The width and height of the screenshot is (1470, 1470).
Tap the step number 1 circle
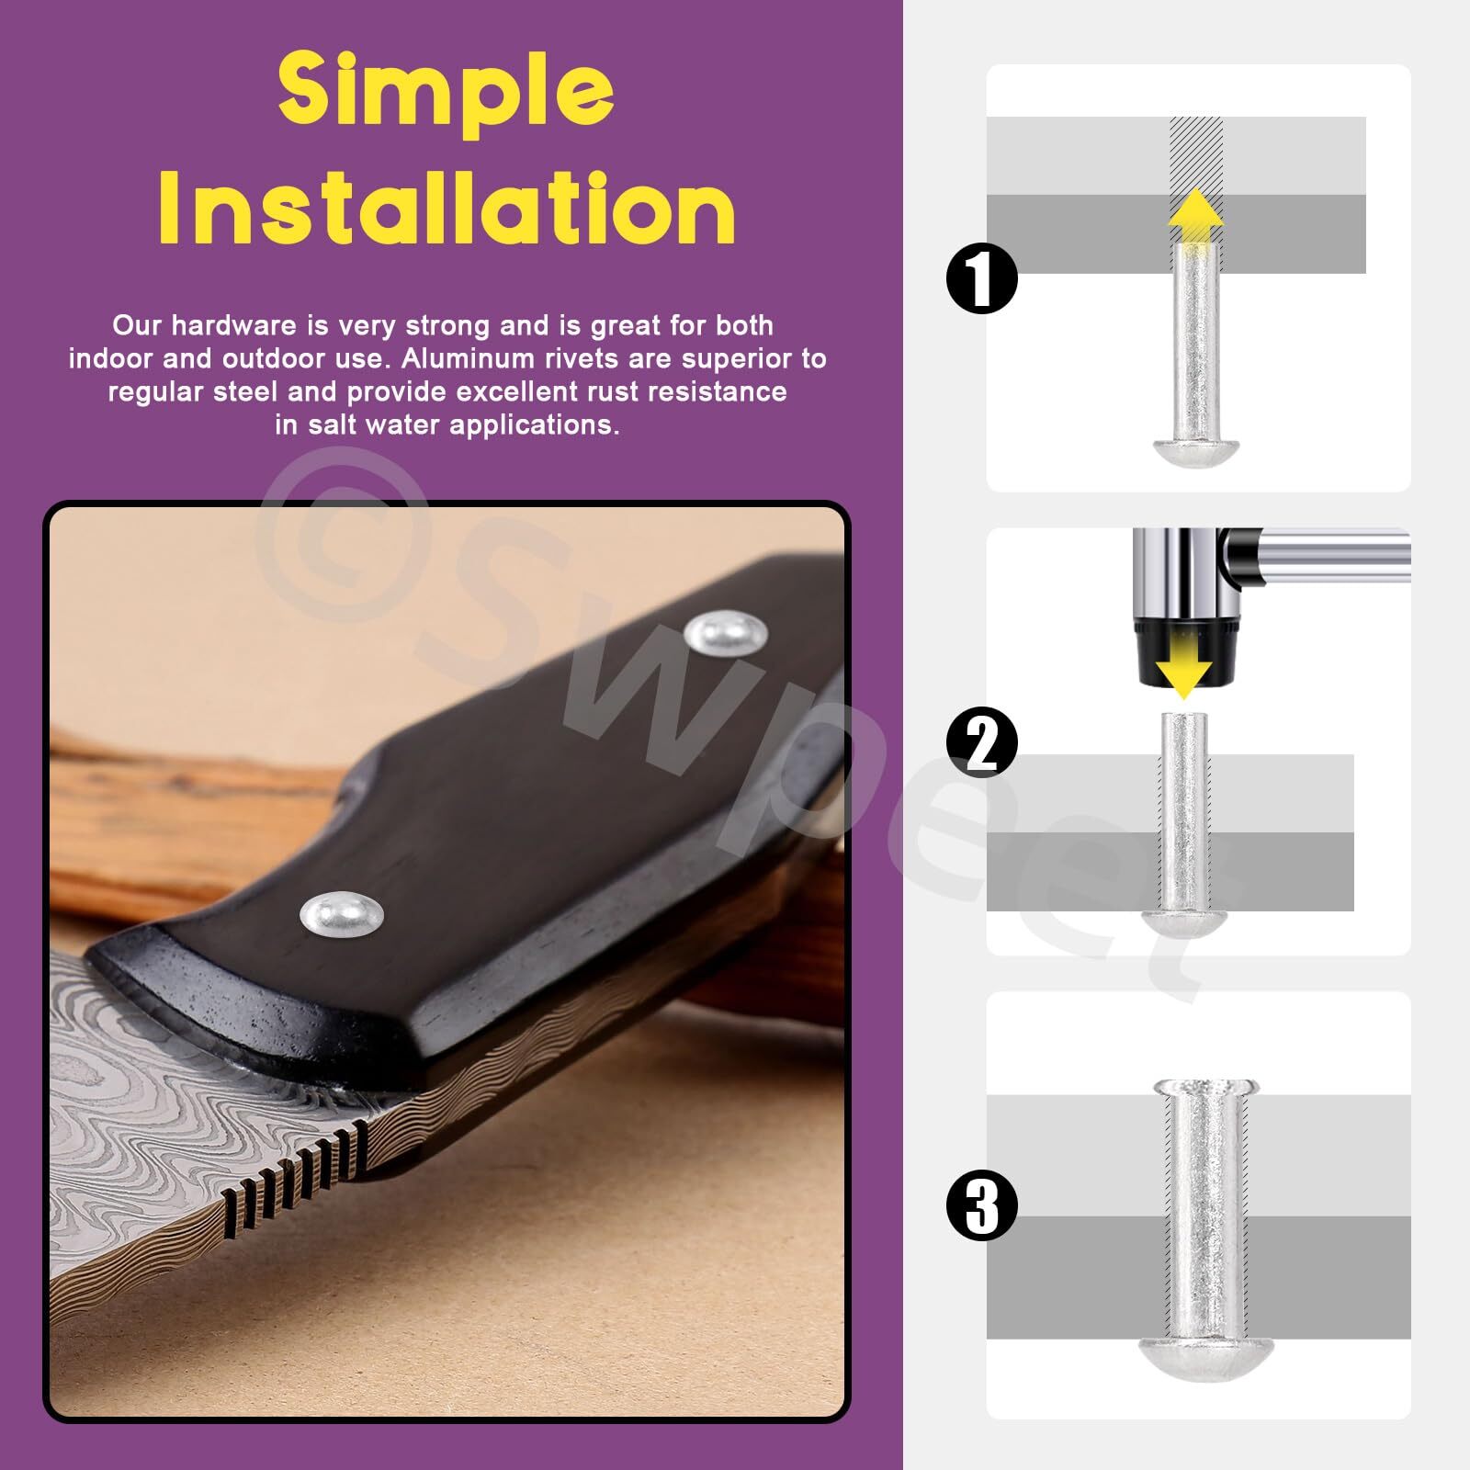click(982, 278)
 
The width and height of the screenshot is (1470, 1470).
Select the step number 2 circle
click(982, 742)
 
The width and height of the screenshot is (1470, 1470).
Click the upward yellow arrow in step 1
click(1195, 218)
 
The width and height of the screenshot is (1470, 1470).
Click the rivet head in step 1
click(1197, 451)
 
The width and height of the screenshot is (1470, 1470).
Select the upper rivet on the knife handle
click(727, 632)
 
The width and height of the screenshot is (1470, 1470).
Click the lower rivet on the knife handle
click(342, 913)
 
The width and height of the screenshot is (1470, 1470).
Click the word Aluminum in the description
click(467, 358)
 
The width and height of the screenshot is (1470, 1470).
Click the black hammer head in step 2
click(1182, 652)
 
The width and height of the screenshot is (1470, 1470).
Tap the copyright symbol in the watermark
click(345, 542)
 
